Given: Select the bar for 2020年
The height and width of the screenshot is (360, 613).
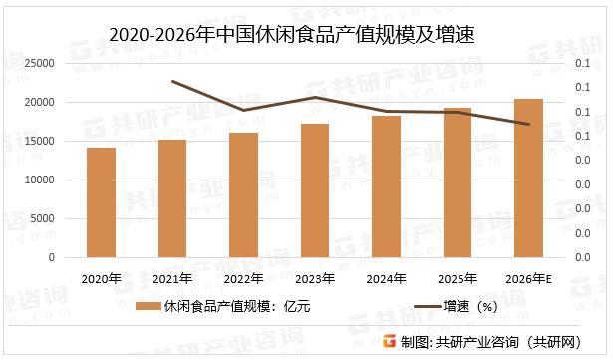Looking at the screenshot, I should click(x=101, y=202).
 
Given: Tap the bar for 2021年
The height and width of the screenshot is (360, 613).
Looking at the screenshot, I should click(x=172, y=198).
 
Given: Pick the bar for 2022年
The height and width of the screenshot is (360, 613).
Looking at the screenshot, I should click(x=243, y=195).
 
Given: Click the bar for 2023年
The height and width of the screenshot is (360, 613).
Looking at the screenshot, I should click(x=315, y=190).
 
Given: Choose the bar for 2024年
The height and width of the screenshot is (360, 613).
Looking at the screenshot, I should click(x=386, y=186).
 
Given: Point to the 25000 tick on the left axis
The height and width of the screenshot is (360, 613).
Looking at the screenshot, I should click(x=40, y=63).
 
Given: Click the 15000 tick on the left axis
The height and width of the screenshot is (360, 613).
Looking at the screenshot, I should click(x=40, y=141).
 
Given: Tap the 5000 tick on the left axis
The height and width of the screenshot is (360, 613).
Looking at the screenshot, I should click(x=43, y=218).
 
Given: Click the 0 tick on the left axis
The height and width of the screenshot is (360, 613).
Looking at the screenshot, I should click(x=52, y=257).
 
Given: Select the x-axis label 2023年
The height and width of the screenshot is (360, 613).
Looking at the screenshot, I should click(x=315, y=278).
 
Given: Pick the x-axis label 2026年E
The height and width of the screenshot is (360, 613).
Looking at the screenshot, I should click(x=528, y=278).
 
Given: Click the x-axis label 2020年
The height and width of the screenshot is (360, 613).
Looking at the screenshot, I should click(x=101, y=278).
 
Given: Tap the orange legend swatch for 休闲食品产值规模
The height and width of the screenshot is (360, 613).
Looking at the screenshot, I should click(x=148, y=307).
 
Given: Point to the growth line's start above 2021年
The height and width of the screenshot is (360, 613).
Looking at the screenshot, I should click(x=172, y=81).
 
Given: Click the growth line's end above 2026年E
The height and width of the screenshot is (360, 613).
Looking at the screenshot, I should click(x=528, y=125).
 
